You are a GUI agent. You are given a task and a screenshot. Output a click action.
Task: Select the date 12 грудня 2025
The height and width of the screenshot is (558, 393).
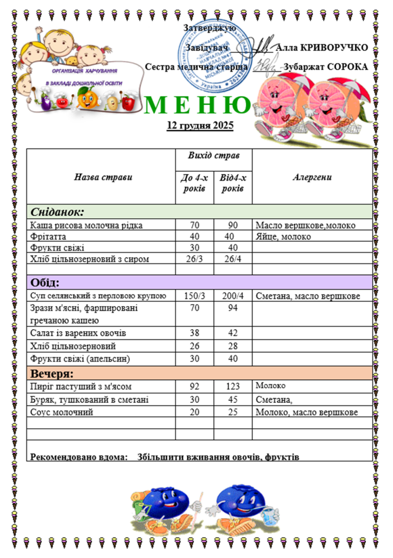pos(200,126)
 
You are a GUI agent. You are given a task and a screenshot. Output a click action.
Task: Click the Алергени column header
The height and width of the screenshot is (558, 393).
pos(312,177)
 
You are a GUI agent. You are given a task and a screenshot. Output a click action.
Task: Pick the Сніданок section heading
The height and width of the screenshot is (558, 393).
pos(57,212)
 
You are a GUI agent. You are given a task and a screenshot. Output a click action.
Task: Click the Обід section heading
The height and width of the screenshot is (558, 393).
pos(46,282)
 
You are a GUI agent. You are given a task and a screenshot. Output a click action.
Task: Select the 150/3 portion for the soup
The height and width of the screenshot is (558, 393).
pos(194,296)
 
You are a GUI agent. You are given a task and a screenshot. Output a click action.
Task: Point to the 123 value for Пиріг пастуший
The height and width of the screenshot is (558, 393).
pos(232,386)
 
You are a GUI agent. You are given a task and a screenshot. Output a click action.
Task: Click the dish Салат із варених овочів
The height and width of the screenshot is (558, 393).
pos(78,333)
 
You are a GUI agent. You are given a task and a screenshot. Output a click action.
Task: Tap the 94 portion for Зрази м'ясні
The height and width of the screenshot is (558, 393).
pos(233,309)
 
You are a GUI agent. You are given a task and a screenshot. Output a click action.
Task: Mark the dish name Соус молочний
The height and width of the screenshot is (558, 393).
pos(61,412)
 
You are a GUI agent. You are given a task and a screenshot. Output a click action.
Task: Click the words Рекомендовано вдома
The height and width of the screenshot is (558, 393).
pos(79,457)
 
